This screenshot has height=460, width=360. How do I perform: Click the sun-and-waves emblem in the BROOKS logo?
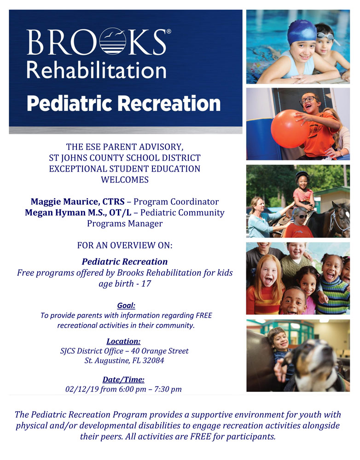pyautogui.click(x=113, y=41)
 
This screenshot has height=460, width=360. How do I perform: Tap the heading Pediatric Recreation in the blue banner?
pyautogui.click(x=124, y=103)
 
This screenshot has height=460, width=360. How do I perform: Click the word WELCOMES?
pyautogui.click(x=125, y=179)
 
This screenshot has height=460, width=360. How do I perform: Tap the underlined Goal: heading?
pyautogui.click(x=126, y=305)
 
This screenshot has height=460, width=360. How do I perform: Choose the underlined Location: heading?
pyautogui.click(x=124, y=341)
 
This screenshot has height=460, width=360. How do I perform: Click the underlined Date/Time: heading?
pyautogui.click(x=123, y=379)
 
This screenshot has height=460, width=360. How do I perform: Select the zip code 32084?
pyautogui.click(x=153, y=361)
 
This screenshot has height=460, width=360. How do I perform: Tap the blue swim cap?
pyautogui.click(x=302, y=32)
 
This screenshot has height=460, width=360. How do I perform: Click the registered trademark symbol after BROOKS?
pyautogui.click(x=168, y=31)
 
